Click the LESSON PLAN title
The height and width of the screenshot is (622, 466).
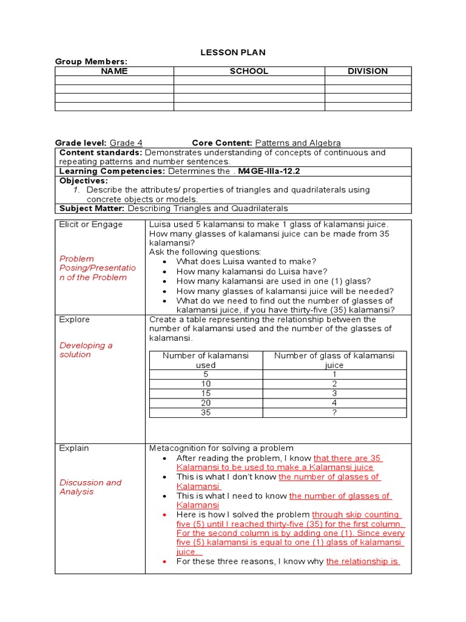[x=233, y=53]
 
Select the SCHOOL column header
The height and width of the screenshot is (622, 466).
[x=249, y=71]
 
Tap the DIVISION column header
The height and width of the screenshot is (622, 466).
[x=368, y=71]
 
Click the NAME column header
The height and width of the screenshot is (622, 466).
[x=114, y=71]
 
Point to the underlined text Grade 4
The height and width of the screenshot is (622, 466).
[x=126, y=143]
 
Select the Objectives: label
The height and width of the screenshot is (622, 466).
[x=83, y=180]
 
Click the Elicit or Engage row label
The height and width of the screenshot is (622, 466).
[x=90, y=224]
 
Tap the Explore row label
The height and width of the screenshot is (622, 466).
[x=74, y=320]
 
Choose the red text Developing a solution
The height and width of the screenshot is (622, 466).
[x=86, y=350]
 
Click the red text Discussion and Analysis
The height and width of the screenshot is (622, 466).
[x=90, y=487]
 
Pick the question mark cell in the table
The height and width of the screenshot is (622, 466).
[x=334, y=412]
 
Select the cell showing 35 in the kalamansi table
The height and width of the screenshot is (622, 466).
[x=206, y=412]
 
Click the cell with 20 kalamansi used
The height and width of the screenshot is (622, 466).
[x=206, y=403]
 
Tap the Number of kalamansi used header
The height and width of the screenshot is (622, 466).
[x=206, y=360]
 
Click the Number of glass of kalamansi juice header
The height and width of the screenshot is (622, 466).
[x=334, y=360]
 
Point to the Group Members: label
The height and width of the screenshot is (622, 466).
[x=91, y=61]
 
